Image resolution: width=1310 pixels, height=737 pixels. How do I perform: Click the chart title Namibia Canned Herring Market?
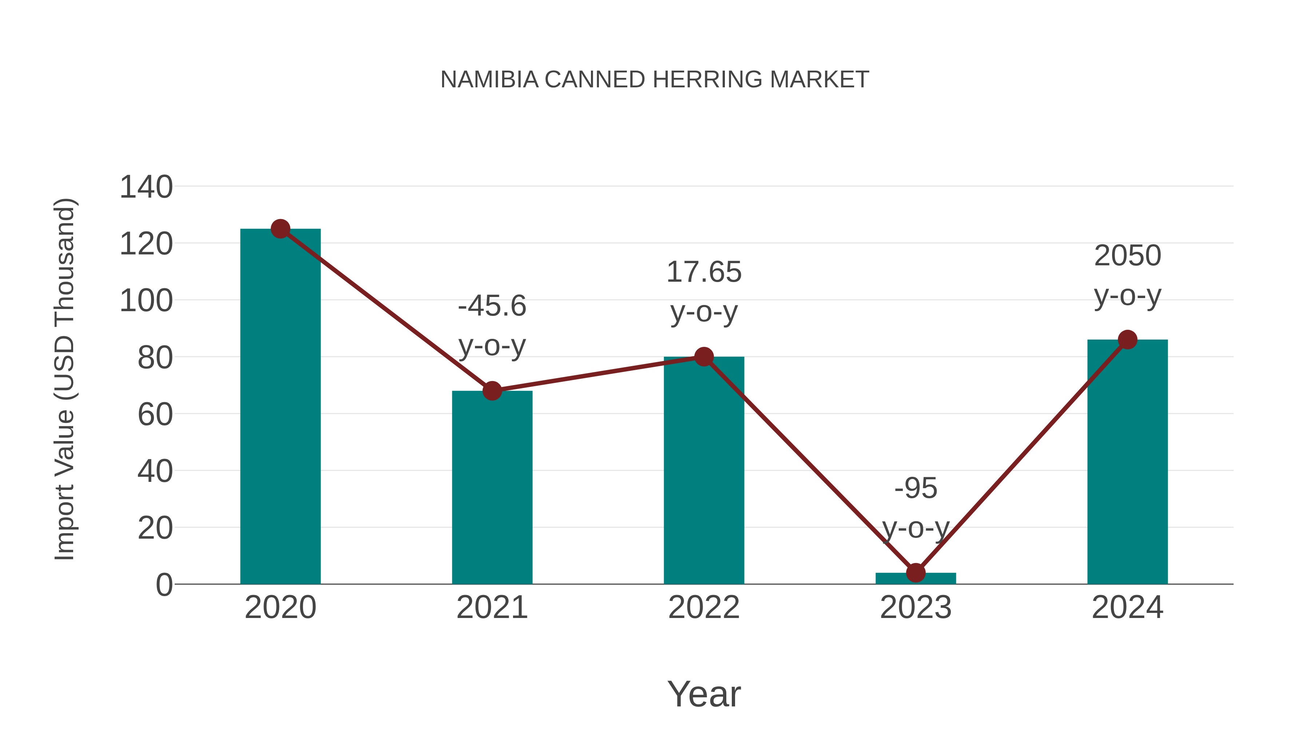click(x=655, y=79)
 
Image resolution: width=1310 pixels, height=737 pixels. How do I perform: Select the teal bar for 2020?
click(x=280, y=407)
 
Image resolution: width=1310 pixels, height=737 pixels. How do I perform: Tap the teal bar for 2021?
click(x=492, y=488)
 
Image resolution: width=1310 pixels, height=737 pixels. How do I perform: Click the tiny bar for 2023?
click(x=916, y=579)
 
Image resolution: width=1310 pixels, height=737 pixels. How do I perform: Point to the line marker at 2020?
click(x=280, y=229)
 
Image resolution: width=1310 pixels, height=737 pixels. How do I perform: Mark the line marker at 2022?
click(x=704, y=357)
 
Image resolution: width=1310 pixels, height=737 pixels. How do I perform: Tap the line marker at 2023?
click(x=916, y=573)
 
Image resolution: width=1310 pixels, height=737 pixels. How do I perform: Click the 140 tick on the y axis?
click(x=146, y=187)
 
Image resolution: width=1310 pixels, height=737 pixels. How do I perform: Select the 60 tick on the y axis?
click(x=155, y=414)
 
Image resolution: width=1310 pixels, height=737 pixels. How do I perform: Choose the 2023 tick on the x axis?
click(x=916, y=607)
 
